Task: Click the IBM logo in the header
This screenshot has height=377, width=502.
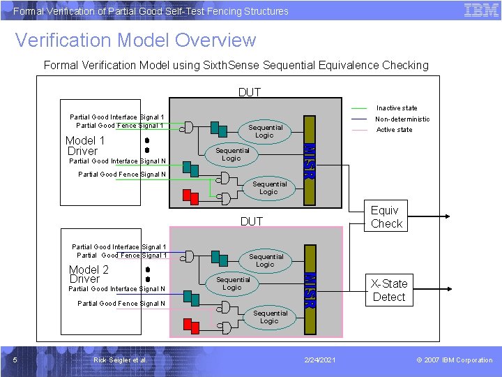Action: coord(481,10)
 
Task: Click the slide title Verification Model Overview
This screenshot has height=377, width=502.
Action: coord(135,40)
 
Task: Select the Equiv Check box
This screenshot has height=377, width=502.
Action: coord(386,217)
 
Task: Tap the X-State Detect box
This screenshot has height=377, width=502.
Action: coord(388,290)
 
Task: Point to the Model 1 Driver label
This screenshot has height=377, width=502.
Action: coord(84,145)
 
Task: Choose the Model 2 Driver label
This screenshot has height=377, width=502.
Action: coord(89,274)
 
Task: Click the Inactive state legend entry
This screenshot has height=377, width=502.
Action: coord(396,108)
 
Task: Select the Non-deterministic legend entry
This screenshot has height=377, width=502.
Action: coord(402,119)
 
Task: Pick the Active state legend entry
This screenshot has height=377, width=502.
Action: coord(394,130)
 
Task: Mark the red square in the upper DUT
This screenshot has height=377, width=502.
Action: coord(186,193)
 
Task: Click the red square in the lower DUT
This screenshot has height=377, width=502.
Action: coord(187,323)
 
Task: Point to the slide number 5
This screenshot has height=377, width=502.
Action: coord(15,360)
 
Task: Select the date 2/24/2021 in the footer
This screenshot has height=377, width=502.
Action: coord(321,360)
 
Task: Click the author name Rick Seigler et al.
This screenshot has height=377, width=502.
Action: coord(120,360)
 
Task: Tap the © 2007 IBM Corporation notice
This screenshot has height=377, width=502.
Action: coord(454,360)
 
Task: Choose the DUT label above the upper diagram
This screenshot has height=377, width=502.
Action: coord(250,92)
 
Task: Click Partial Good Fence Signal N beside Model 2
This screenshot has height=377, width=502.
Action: coord(121,304)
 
